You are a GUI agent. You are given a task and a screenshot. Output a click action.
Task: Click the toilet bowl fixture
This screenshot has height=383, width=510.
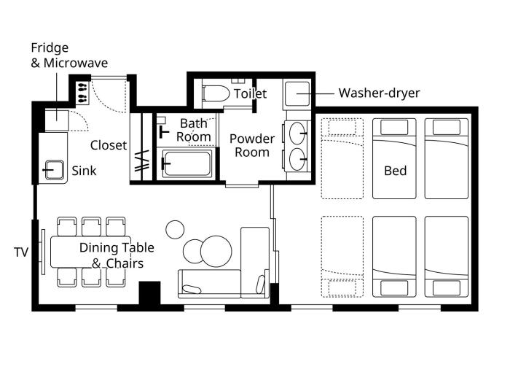coord(216,93)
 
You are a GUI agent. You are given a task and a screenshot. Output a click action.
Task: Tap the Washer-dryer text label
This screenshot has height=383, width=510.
coord(379,93)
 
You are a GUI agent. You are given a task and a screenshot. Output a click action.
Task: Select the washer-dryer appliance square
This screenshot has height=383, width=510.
coord(297,94)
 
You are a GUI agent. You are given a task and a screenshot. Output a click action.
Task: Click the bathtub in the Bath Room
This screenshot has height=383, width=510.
coord(187,163)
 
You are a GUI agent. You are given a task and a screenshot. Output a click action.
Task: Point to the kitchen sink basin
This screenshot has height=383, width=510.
coord(55,170)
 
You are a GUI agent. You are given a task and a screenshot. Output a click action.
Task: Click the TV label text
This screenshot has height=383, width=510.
coord(21,252)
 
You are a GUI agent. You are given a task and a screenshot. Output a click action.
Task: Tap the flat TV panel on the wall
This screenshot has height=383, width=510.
coord(43,252)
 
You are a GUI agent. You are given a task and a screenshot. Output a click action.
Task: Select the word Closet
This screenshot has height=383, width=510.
coord(109,145)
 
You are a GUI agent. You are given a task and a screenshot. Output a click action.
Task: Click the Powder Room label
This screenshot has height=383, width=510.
coord(252,145)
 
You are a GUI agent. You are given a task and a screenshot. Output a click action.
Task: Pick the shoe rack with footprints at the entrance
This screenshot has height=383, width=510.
coord(82,93)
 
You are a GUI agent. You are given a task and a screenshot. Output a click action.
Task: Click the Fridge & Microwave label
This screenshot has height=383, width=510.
coord(69,55)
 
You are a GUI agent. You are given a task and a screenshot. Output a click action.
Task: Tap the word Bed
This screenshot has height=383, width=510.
coord(395,171)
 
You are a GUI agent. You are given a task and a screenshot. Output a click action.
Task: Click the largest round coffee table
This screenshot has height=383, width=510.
coord(216,252)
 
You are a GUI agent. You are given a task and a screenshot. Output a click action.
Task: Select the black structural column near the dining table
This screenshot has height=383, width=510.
coord(149,293)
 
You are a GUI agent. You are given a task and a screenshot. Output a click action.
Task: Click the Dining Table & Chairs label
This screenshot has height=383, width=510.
coord(117,255)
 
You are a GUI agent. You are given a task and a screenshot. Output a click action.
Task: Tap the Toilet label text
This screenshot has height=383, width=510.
coord(250,94)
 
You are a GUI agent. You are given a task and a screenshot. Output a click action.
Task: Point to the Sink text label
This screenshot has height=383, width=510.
coord(84,171)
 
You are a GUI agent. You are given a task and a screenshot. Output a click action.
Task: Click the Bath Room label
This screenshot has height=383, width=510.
coord(194,130)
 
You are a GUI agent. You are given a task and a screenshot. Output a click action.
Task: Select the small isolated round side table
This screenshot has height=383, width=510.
coord(175,230)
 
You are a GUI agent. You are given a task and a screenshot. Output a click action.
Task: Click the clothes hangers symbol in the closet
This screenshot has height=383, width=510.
coord(143,160)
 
